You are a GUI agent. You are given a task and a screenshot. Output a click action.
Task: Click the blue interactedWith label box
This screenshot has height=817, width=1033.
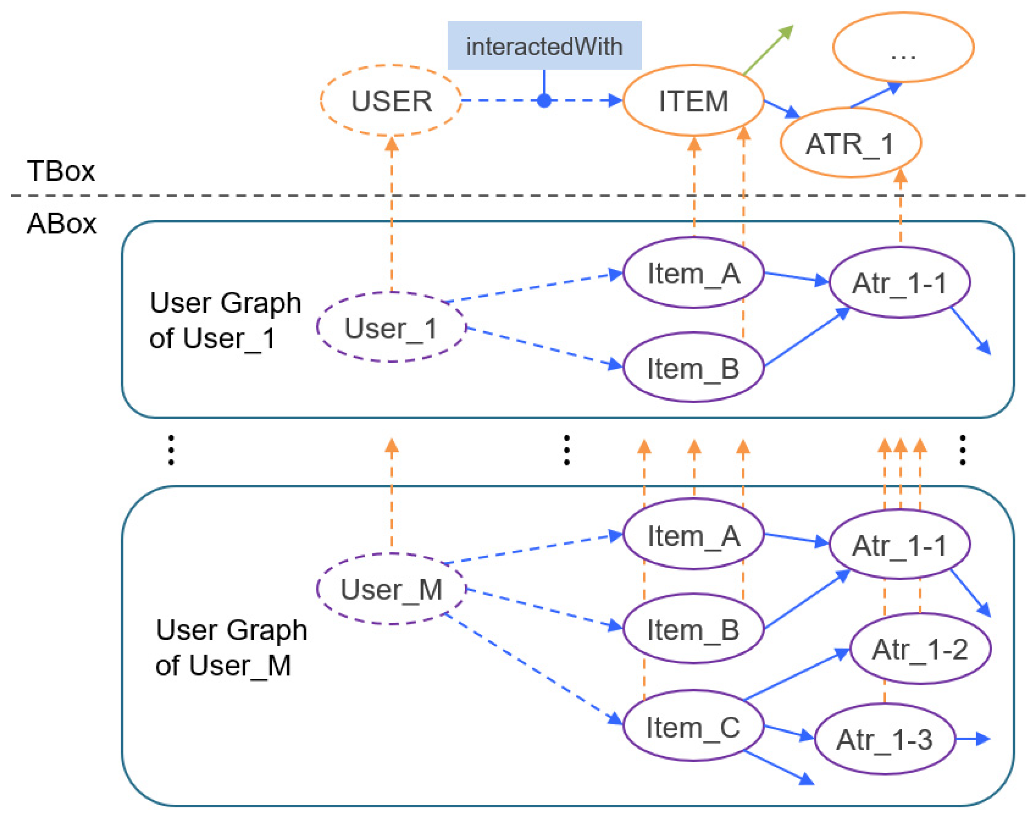point(544,45)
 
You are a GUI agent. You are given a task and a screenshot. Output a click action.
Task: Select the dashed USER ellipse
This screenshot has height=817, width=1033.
point(391,101)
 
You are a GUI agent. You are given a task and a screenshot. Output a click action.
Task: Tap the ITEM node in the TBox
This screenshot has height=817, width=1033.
point(693,101)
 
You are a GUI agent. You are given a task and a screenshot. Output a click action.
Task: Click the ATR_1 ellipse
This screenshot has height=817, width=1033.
point(850,143)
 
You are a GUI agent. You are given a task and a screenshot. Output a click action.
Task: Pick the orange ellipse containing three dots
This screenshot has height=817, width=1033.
point(903,47)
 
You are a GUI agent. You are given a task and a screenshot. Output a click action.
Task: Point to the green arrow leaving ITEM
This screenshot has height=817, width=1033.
point(767,51)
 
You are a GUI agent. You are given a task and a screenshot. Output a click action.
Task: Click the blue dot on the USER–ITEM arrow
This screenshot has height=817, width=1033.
point(544,101)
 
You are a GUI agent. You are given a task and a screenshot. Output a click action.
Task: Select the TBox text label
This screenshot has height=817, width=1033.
point(61,171)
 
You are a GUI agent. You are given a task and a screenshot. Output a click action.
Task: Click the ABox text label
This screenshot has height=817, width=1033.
point(61,223)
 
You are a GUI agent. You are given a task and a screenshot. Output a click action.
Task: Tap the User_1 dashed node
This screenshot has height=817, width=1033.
point(391,328)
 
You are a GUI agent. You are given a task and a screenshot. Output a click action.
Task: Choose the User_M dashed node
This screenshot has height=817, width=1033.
point(391,589)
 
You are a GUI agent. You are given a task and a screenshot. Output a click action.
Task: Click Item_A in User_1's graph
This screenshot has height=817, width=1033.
point(693,273)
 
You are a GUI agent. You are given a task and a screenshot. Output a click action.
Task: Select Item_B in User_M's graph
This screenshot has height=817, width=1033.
point(693,629)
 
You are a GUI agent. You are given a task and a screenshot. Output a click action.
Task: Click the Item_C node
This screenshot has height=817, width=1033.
point(693,727)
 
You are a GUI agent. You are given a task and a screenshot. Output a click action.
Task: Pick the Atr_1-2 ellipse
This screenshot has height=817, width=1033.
point(920,649)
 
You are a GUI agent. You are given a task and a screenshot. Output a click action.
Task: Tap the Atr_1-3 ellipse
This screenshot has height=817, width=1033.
point(884,739)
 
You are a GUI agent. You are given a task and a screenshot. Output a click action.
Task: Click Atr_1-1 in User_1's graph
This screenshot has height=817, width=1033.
point(899,283)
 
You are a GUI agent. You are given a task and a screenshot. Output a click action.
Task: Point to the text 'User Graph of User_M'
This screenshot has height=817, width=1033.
point(231,647)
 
